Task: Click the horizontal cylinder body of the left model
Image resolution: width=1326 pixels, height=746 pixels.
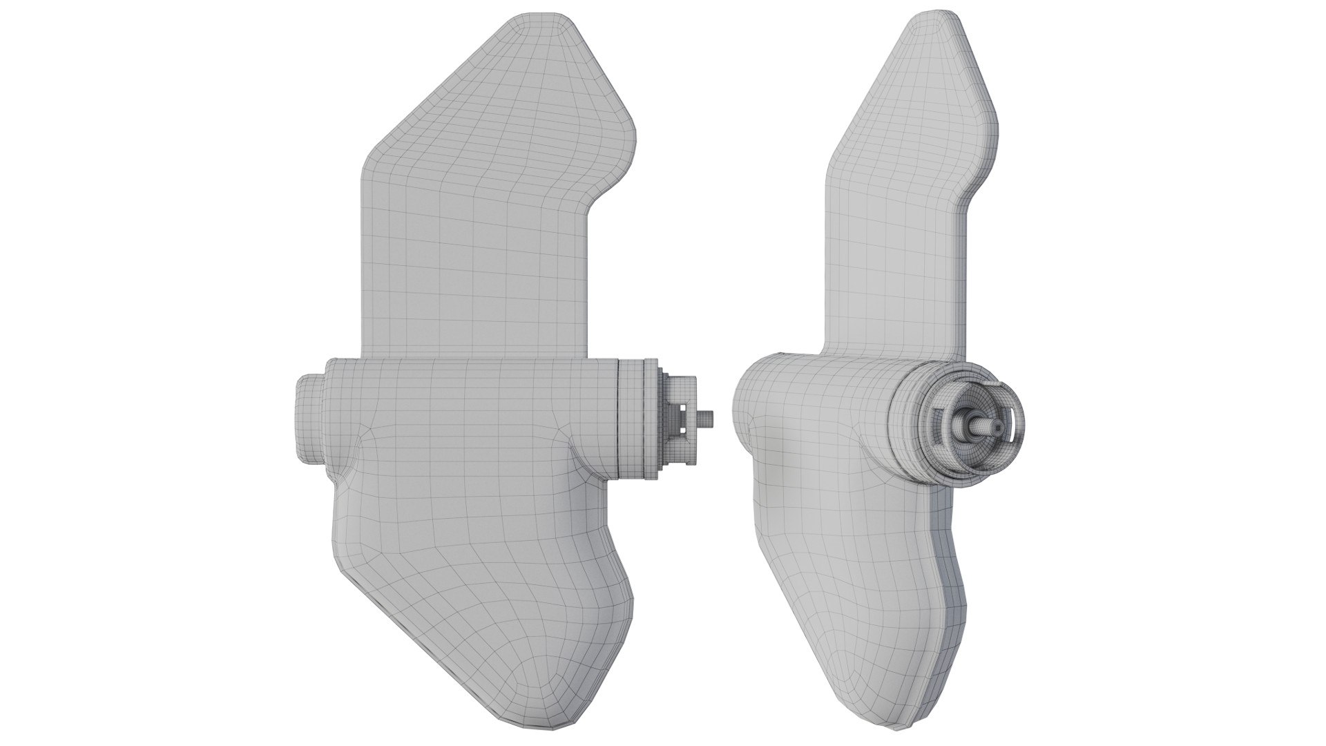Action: tap(470, 414)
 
